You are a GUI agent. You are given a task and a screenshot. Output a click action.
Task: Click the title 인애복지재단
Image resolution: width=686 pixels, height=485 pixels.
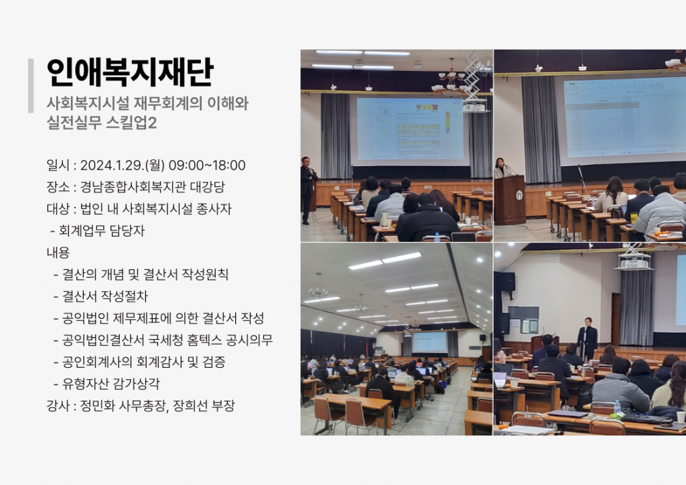[130, 72]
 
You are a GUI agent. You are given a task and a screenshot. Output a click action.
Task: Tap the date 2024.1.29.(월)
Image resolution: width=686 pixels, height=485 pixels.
[123, 165]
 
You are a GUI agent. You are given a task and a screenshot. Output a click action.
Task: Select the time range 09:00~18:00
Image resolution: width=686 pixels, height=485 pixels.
[207, 165]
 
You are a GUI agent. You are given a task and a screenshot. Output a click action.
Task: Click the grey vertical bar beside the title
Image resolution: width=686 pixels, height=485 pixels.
[31, 86]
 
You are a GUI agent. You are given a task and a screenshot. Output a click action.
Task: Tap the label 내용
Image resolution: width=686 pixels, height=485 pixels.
[58, 253]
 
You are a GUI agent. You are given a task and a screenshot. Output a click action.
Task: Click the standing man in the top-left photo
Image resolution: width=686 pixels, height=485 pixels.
[308, 190]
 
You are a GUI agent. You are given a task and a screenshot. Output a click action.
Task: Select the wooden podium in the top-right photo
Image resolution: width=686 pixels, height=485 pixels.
[509, 200]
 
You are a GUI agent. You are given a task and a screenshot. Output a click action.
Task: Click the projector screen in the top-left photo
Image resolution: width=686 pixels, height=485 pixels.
[411, 129]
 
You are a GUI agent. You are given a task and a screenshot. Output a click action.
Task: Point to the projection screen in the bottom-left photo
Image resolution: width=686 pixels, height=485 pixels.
[429, 342]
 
